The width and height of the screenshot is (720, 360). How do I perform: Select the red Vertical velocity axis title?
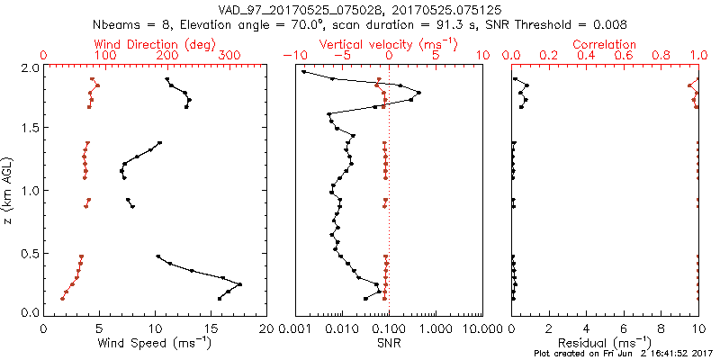pyautogui.click(x=388, y=44)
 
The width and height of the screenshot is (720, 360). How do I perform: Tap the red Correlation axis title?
pyautogui.click(x=605, y=44)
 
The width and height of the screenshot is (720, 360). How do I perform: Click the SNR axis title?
pyautogui.click(x=388, y=342)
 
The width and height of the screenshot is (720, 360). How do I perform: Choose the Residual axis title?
pyautogui.click(x=605, y=342)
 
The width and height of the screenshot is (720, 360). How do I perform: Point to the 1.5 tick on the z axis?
pyautogui.click(x=30, y=129)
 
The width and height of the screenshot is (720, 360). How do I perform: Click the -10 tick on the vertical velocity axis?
pyautogui.click(x=293, y=56)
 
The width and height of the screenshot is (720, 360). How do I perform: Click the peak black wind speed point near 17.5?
pyautogui.click(x=239, y=284)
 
